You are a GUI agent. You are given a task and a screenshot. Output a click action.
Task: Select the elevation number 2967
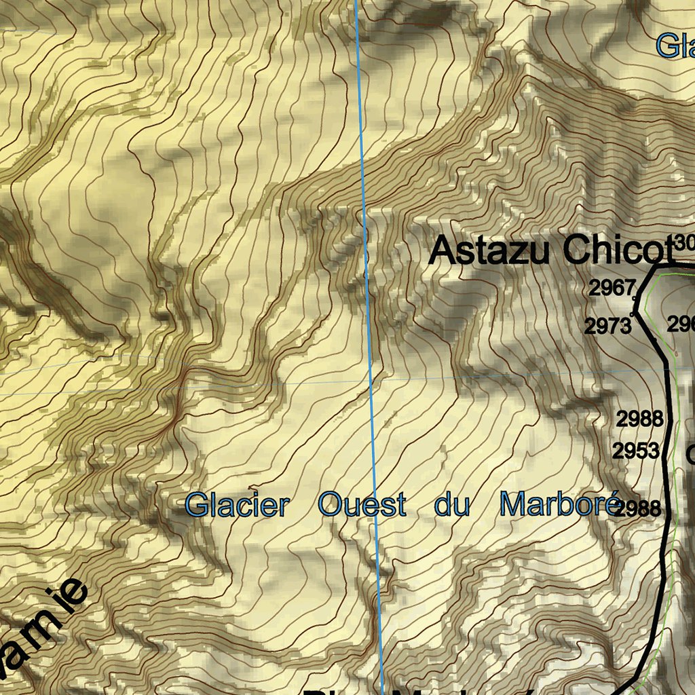[611, 288]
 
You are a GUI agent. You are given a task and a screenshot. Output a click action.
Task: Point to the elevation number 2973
[607, 326]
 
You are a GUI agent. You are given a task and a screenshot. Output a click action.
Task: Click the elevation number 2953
[636, 451]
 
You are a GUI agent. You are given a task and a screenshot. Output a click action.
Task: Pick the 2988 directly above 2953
[639, 419]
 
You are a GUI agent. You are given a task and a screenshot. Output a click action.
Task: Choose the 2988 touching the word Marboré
[640, 508]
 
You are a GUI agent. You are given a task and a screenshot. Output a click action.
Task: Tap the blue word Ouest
[362, 506]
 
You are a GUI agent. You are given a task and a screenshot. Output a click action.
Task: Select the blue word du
[452, 506]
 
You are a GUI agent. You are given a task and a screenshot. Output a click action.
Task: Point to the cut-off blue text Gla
[675, 47]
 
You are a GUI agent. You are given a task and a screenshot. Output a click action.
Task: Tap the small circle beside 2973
[633, 314]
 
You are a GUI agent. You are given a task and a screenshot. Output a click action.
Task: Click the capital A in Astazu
[443, 250]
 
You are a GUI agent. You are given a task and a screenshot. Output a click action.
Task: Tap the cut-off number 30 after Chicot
[685, 242]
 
